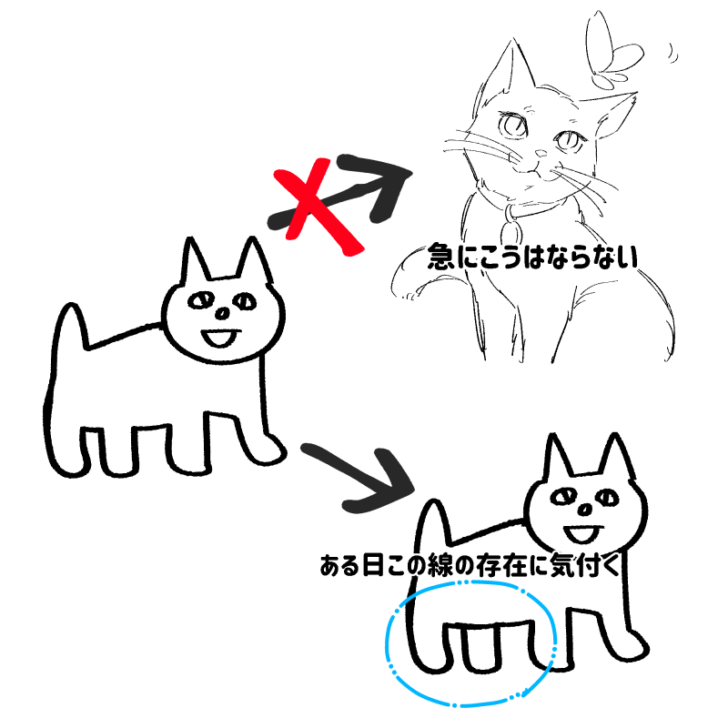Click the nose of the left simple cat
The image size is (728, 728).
pos(222,314)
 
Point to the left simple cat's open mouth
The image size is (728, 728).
pos(220,338)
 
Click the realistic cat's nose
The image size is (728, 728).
pos(541,153)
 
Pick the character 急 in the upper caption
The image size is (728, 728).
pos(441,257)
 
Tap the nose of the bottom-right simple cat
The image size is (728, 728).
pos(585,511)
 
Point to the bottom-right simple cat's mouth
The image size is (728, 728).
pos(583,534)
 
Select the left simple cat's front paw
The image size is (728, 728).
pos(267,450)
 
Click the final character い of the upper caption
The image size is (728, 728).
pos(626,257)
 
